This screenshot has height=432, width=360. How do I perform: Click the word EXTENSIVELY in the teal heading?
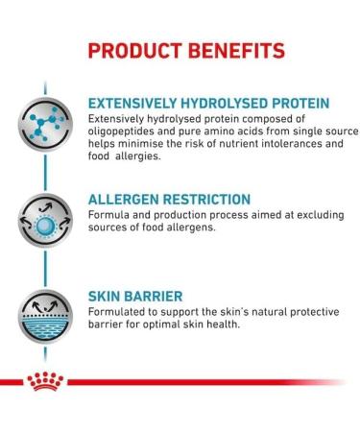coord(133,103)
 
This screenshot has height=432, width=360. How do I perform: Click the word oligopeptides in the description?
coord(120,132)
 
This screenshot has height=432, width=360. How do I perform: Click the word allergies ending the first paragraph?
coord(145,156)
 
